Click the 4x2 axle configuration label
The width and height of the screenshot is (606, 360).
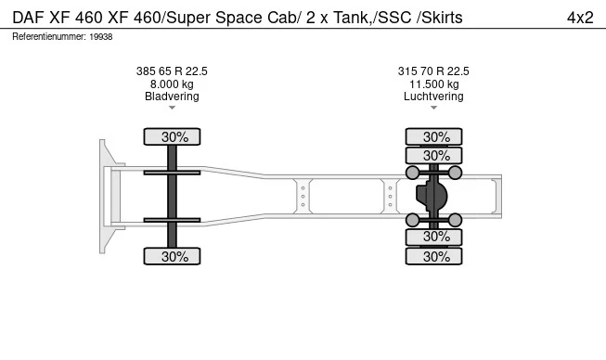pyautogui.click(x=580, y=18)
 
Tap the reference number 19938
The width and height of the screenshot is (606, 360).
pyautogui.click(x=101, y=37)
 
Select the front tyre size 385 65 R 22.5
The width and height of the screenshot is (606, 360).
pyautogui.click(x=172, y=71)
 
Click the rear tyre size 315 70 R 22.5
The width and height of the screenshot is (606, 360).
pyautogui.click(x=433, y=71)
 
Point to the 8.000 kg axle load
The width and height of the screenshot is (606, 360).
pyautogui.click(x=172, y=84)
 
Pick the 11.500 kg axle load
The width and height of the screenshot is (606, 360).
pyautogui.click(x=434, y=84)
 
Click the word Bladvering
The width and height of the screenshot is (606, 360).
pyautogui.click(x=172, y=96)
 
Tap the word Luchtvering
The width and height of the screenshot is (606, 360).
pyautogui.click(x=433, y=96)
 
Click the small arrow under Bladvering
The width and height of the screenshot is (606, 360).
pyautogui.click(x=172, y=108)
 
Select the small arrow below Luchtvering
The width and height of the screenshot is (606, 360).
pyautogui.click(x=433, y=108)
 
